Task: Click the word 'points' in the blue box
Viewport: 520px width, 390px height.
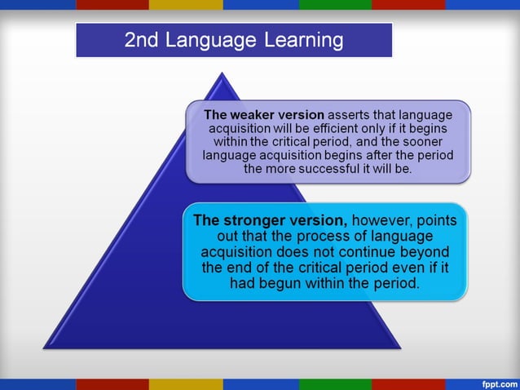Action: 438,220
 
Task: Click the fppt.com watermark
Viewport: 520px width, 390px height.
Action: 497,383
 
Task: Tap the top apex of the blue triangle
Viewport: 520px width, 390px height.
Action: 223,73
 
